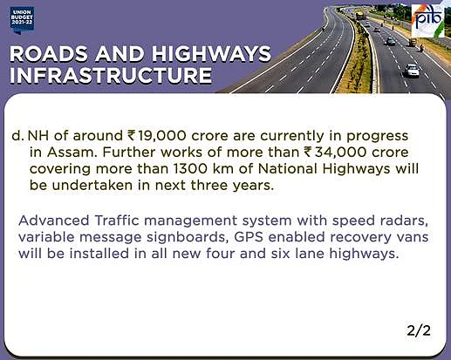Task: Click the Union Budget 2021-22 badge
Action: click(x=22, y=20)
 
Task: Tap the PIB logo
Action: click(x=428, y=21)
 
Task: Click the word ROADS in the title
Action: click(x=49, y=54)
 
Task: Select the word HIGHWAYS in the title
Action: click(x=211, y=54)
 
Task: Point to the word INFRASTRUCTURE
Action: click(x=111, y=75)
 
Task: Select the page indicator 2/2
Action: click(x=419, y=330)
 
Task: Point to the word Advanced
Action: click(x=54, y=221)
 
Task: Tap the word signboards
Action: click(x=186, y=238)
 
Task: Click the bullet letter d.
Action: click(x=17, y=136)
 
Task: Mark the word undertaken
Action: click(x=92, y=185)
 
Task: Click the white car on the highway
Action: click(x=412, y=71)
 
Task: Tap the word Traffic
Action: click(x=117, y=221)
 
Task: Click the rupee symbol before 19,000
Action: click(x=131, y=136)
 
